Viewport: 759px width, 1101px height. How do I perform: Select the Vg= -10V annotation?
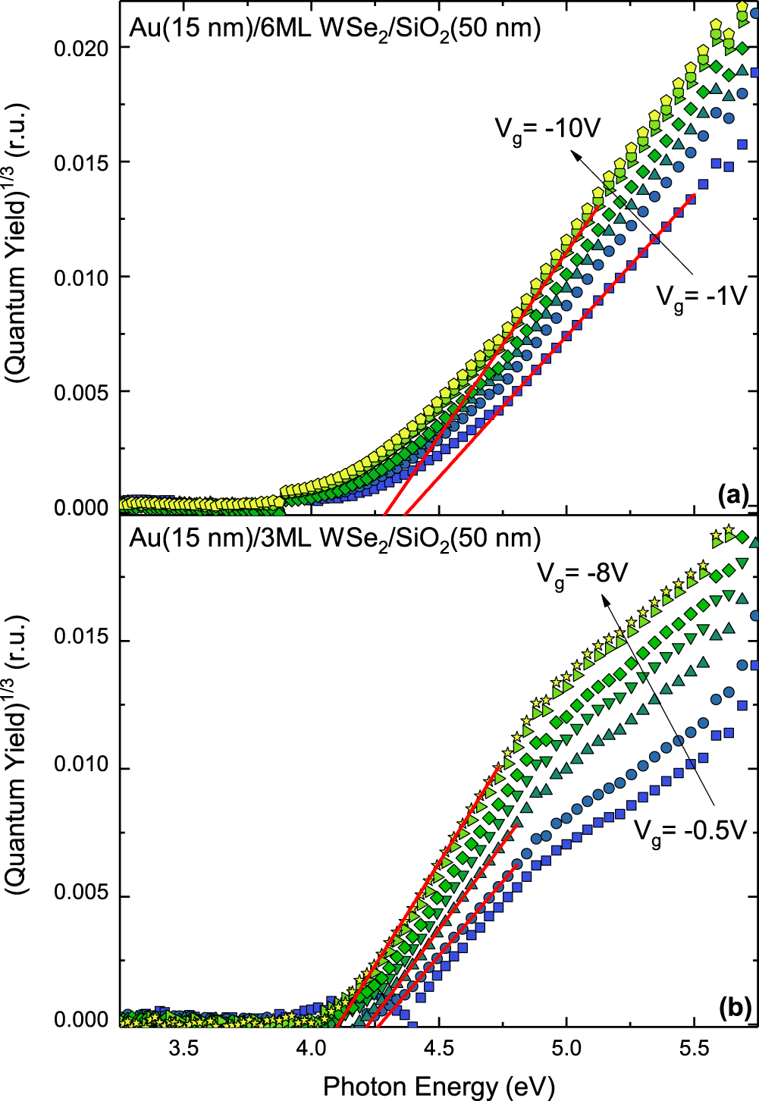pyautogui.click(x=547, y=129)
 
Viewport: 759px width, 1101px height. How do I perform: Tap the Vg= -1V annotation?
pyautogui.click(x=701, y=296)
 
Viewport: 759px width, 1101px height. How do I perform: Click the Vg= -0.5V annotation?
pyautogui.click(x=691, y=831)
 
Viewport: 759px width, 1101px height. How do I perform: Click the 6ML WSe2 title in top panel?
pyautogui.click(x=334, y=29)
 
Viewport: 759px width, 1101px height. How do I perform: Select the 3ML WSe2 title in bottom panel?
pyautogui.click(x=334, y=538)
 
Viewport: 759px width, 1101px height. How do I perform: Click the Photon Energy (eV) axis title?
pyautogui.click(x=438, y=1086)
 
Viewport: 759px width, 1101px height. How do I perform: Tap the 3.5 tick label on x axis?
pyautogui.click(x=183, y=1049)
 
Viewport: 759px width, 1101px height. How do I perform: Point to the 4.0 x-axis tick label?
pyautogui.click(x=311, y=1049)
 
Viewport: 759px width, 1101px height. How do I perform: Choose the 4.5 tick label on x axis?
pyautogui.click(x=438, y=1049)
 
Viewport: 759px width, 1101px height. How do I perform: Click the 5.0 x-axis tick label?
pyautogui.click(x=566, y=1049)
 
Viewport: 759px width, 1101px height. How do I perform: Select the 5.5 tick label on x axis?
pyautogui.click(x=694, y=1049)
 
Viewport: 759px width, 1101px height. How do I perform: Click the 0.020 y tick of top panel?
pyautogui.click(x=82, y=48)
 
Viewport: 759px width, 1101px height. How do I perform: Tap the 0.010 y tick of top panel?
pyautogui.click(x=82, y=278)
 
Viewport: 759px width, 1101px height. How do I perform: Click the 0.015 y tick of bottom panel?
pyautogui.click(x=82, y=639)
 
